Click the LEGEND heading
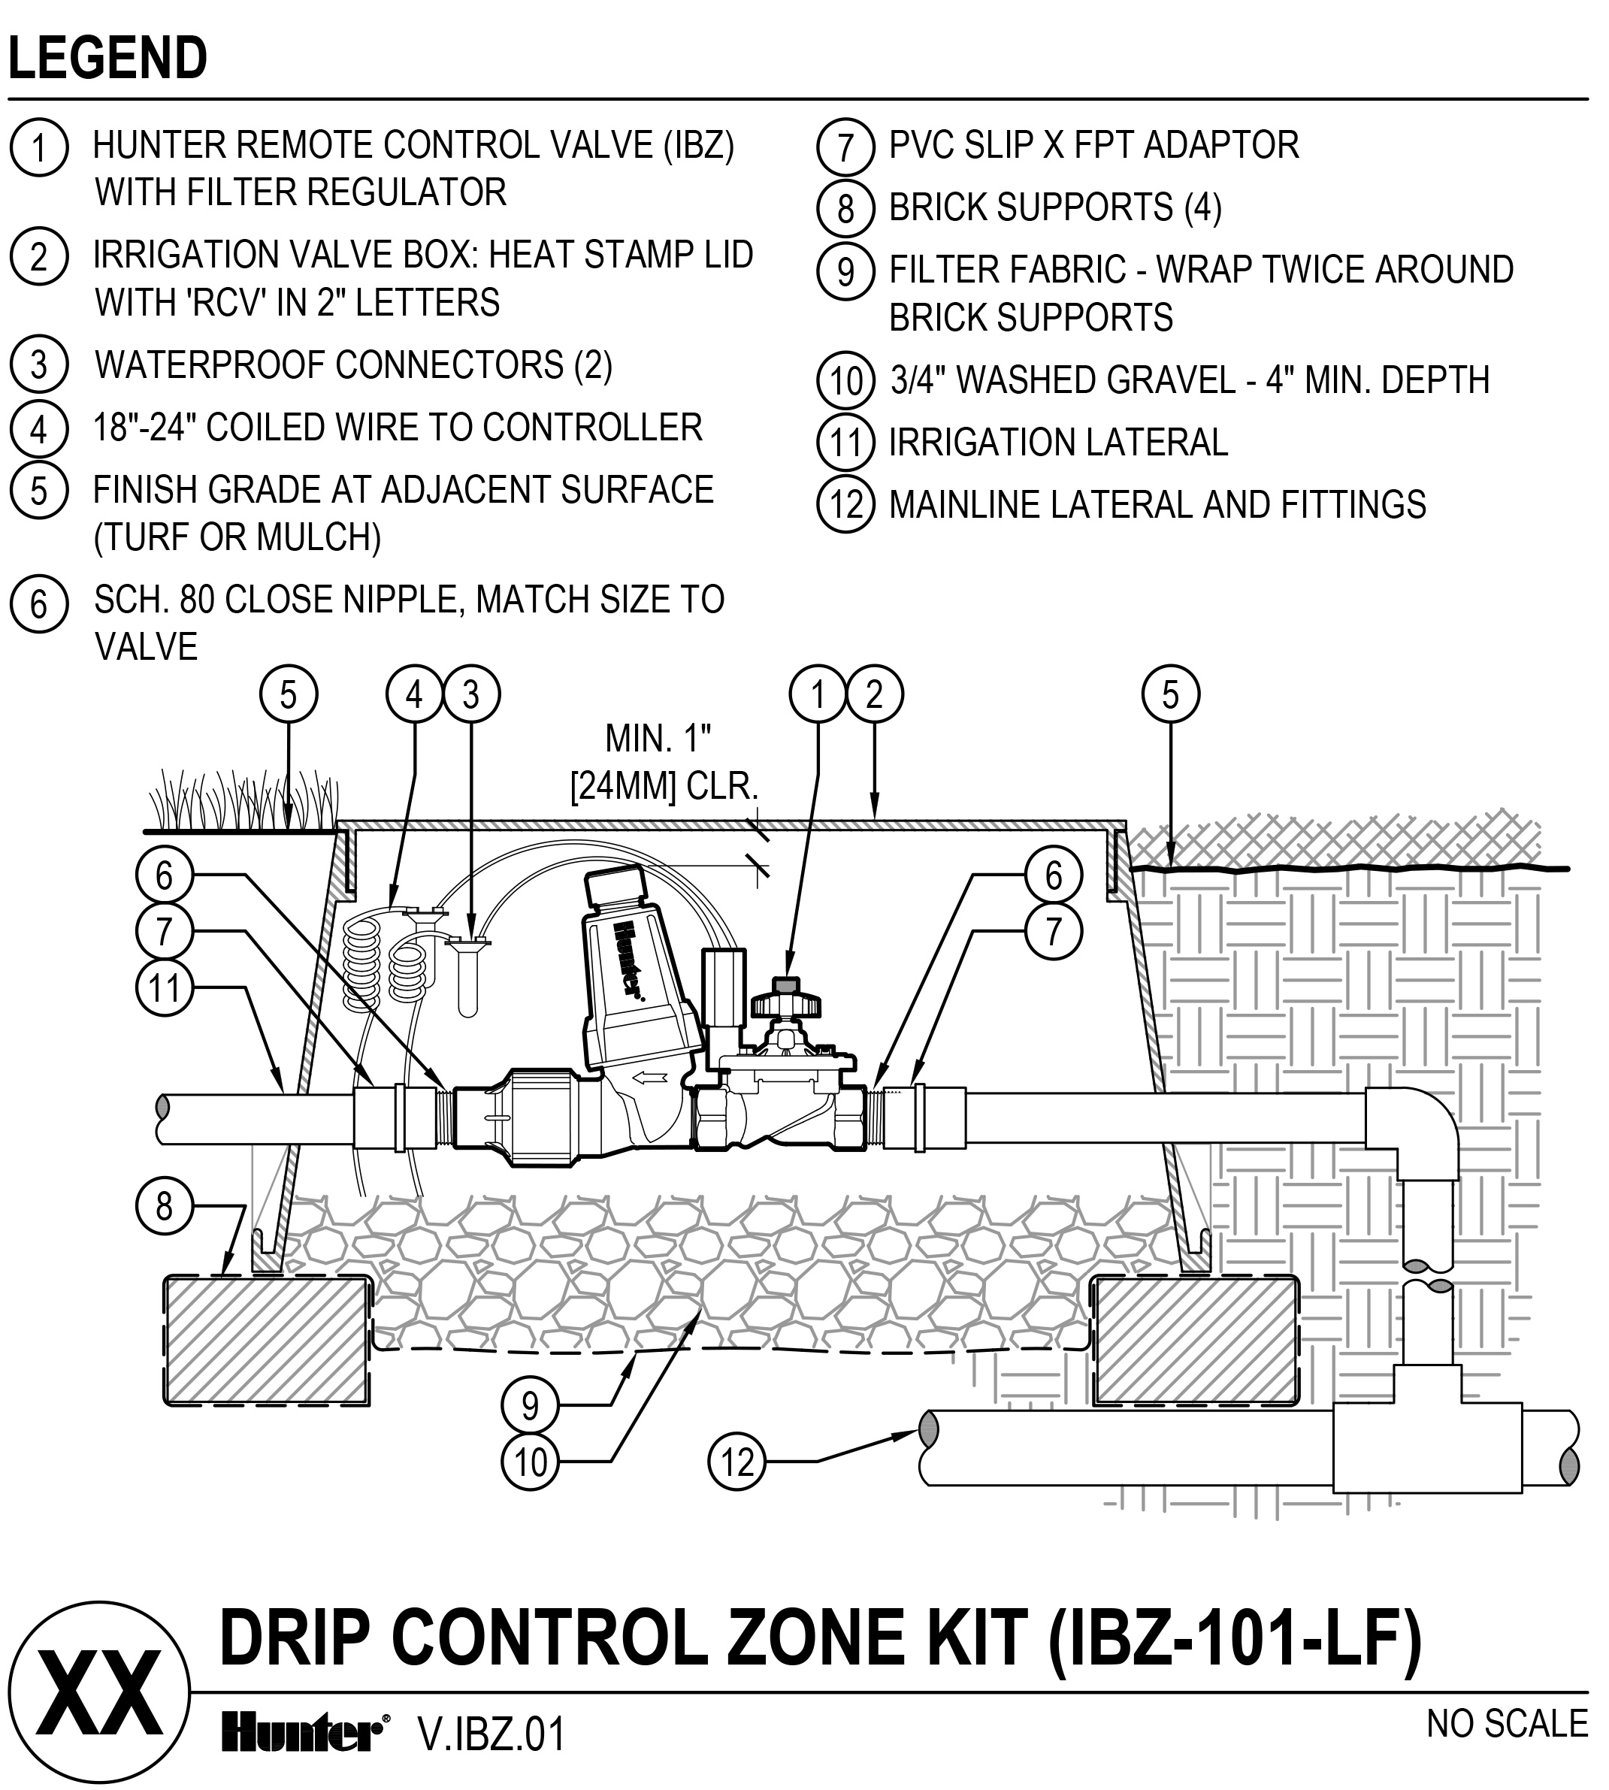tap(108, 59)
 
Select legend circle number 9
tap(845, 270)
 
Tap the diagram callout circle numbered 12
tap(737, 1462)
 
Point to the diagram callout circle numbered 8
tap(165, 1205)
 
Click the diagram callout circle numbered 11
tap(165, 988)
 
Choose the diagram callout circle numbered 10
tap(531, 1462)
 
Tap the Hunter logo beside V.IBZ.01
tap(301, 1734)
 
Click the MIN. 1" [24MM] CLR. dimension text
tap(664, 762)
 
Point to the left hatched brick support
tap(265, 1339)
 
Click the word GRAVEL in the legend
tap(1168, 380)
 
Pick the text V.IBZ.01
tap(491, 1734)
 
